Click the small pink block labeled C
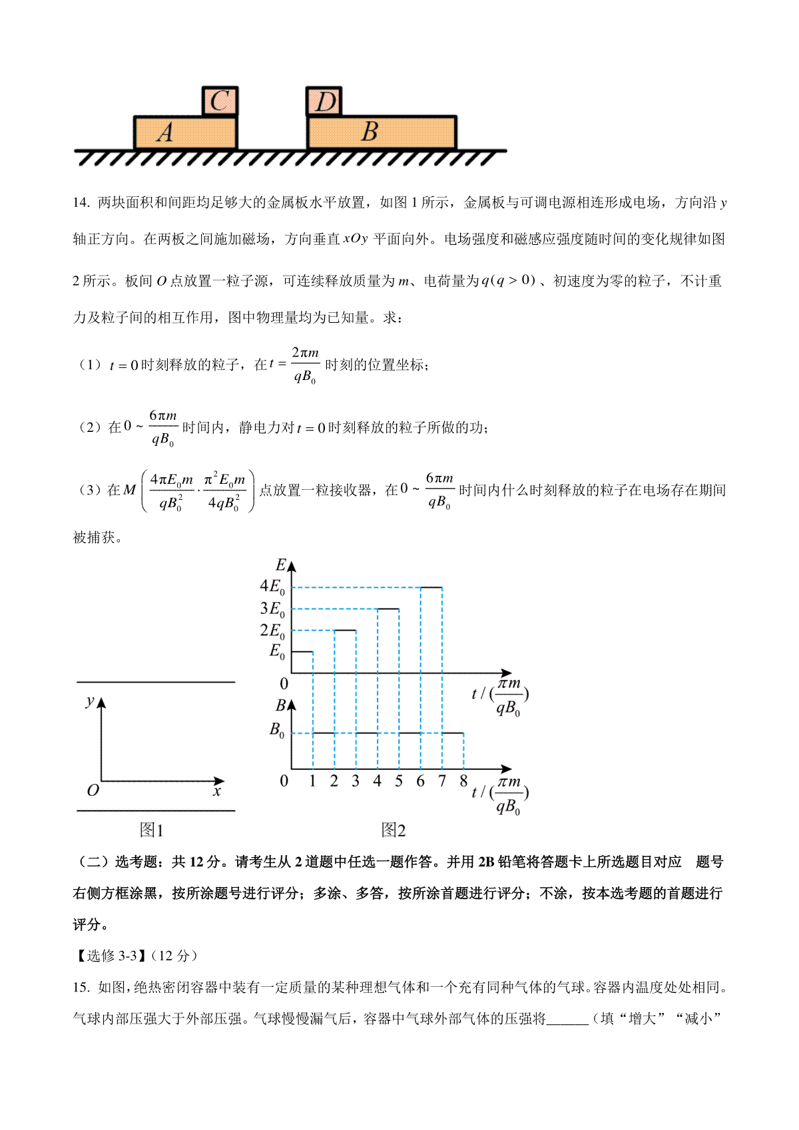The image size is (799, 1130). pos(220,101)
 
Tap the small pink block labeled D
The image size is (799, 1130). pos(324,101)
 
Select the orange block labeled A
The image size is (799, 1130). pos(185,132)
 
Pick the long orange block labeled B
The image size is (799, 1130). pos(382,132)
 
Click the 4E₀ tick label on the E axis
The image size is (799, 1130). pos(272,586)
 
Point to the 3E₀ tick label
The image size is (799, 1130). pos(272,608)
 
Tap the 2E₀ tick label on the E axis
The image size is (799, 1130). pos(272,630)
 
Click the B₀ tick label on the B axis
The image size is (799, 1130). pos(277,730)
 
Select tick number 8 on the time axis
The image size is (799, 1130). pos(463,781)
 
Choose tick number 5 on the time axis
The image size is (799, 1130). pos(399,781)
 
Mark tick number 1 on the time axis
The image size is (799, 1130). pos(312,781)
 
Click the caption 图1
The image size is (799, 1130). pos(151,830)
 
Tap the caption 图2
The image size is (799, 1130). pos(393,830)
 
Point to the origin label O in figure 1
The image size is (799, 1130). pos(93,791)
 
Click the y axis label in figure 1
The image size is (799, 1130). pos(90,701)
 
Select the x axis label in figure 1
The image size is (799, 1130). pos(217,791)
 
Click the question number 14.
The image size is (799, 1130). pos(81,203)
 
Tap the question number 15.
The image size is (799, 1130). pos(81,987)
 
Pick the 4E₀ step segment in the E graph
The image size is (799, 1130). pos(431,588)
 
